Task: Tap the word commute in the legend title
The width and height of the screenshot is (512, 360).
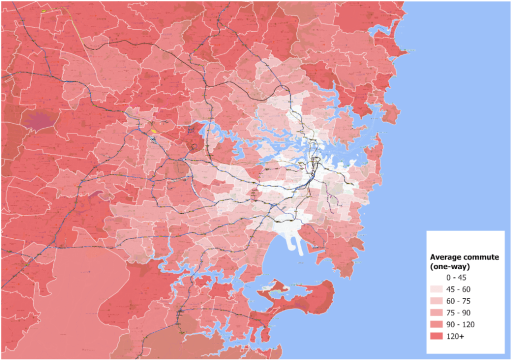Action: [481, 257]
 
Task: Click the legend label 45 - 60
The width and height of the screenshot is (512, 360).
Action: [459, 289]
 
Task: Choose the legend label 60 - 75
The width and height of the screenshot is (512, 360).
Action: [459, 301]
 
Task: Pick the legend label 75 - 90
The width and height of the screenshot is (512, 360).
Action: [459, 313]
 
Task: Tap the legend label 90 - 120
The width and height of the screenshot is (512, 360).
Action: [461, 324]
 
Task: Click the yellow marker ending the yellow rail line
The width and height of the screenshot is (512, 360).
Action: [43, 10]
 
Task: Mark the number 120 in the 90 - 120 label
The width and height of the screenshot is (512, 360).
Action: [468, 324]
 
